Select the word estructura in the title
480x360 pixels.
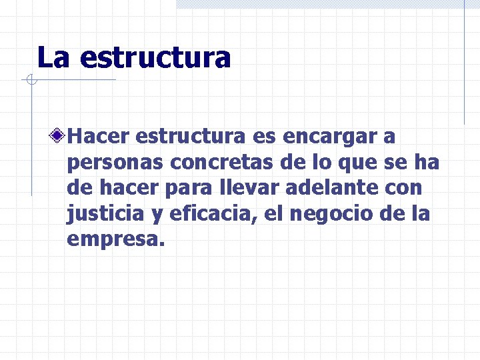(154, 58)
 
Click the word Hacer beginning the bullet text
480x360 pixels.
(99, 136)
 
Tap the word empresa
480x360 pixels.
(114, 240)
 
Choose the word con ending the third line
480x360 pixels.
(404, 189)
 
